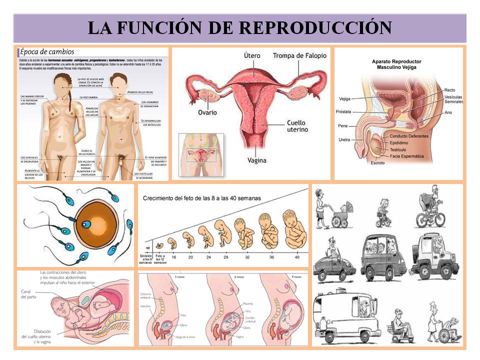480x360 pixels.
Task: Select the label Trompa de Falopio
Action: click(299, 55)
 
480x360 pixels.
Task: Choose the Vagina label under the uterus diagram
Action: click(256, 160)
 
